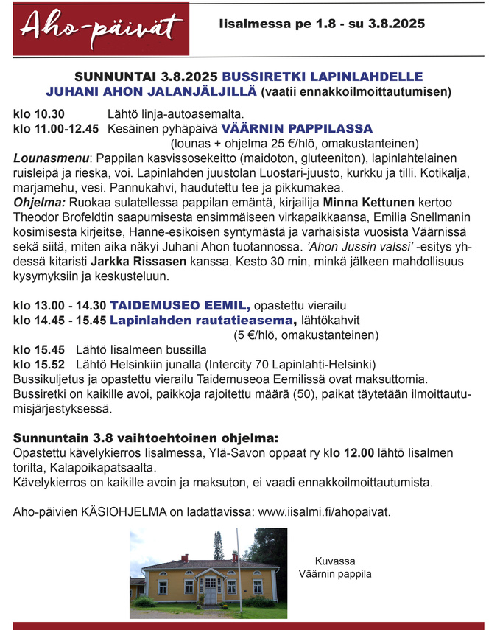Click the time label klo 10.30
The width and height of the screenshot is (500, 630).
tap(39, 114)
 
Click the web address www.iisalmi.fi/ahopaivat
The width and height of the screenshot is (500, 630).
tap(325, 511)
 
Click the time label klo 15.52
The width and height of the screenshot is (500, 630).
tap(39, 364)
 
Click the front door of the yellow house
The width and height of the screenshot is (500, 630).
tap(211, 592)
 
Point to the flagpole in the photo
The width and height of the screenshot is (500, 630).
tap(237, 567)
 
